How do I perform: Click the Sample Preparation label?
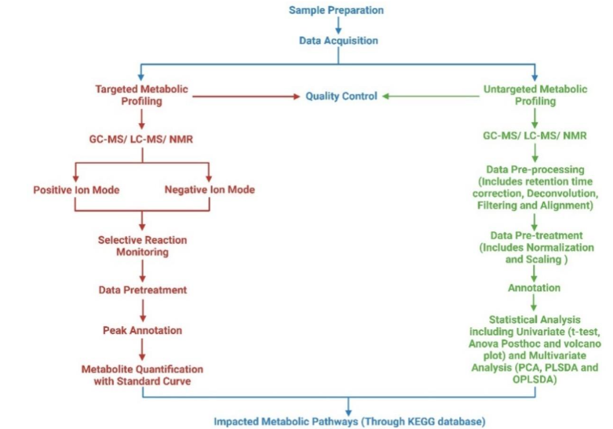(x=336, y=10)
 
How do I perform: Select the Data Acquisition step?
(x=337, y=40)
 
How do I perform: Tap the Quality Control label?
(x=341, y=96)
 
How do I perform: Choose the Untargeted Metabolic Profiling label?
(x=534, y=96)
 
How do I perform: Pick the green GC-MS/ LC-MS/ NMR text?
(x=534, y=136)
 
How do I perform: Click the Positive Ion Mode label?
(x=74, y=190)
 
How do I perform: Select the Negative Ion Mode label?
(x=208, y=190)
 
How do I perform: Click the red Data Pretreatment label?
(x=142, y=289)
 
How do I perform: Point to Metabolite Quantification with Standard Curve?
(x=142, y=375)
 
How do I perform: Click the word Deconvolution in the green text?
(x=565, y=193)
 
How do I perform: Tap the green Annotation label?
(x=534, y=288)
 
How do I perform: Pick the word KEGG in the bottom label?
(x=416, y=421)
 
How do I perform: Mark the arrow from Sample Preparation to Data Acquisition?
(x=337, y=25)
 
